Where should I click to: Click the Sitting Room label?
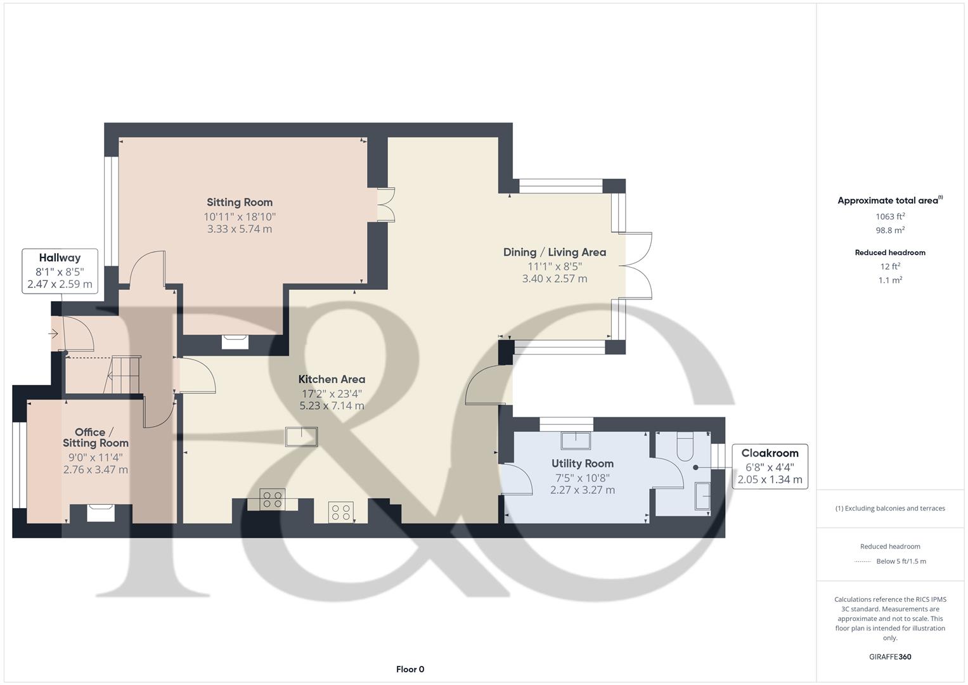point(240,202)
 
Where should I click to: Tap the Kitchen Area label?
point(332,379)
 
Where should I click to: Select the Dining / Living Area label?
point(554,252)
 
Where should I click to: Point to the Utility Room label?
point(582,464)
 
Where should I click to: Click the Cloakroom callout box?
point(770,466)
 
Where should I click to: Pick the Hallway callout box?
point(60,271)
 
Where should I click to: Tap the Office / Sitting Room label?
point(95,438)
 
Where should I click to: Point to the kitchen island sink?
point(301,437)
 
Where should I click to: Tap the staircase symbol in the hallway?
point(124,375)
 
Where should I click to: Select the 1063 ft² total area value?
point(889,216)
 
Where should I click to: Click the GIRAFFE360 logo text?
point(889,656)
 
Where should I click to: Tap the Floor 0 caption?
point(410,669)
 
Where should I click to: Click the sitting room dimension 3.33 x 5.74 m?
point(240,229)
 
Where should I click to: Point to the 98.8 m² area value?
point(889,230)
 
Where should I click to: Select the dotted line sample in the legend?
point(863,561)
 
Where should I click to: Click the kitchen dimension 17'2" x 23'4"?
point(332,393)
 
